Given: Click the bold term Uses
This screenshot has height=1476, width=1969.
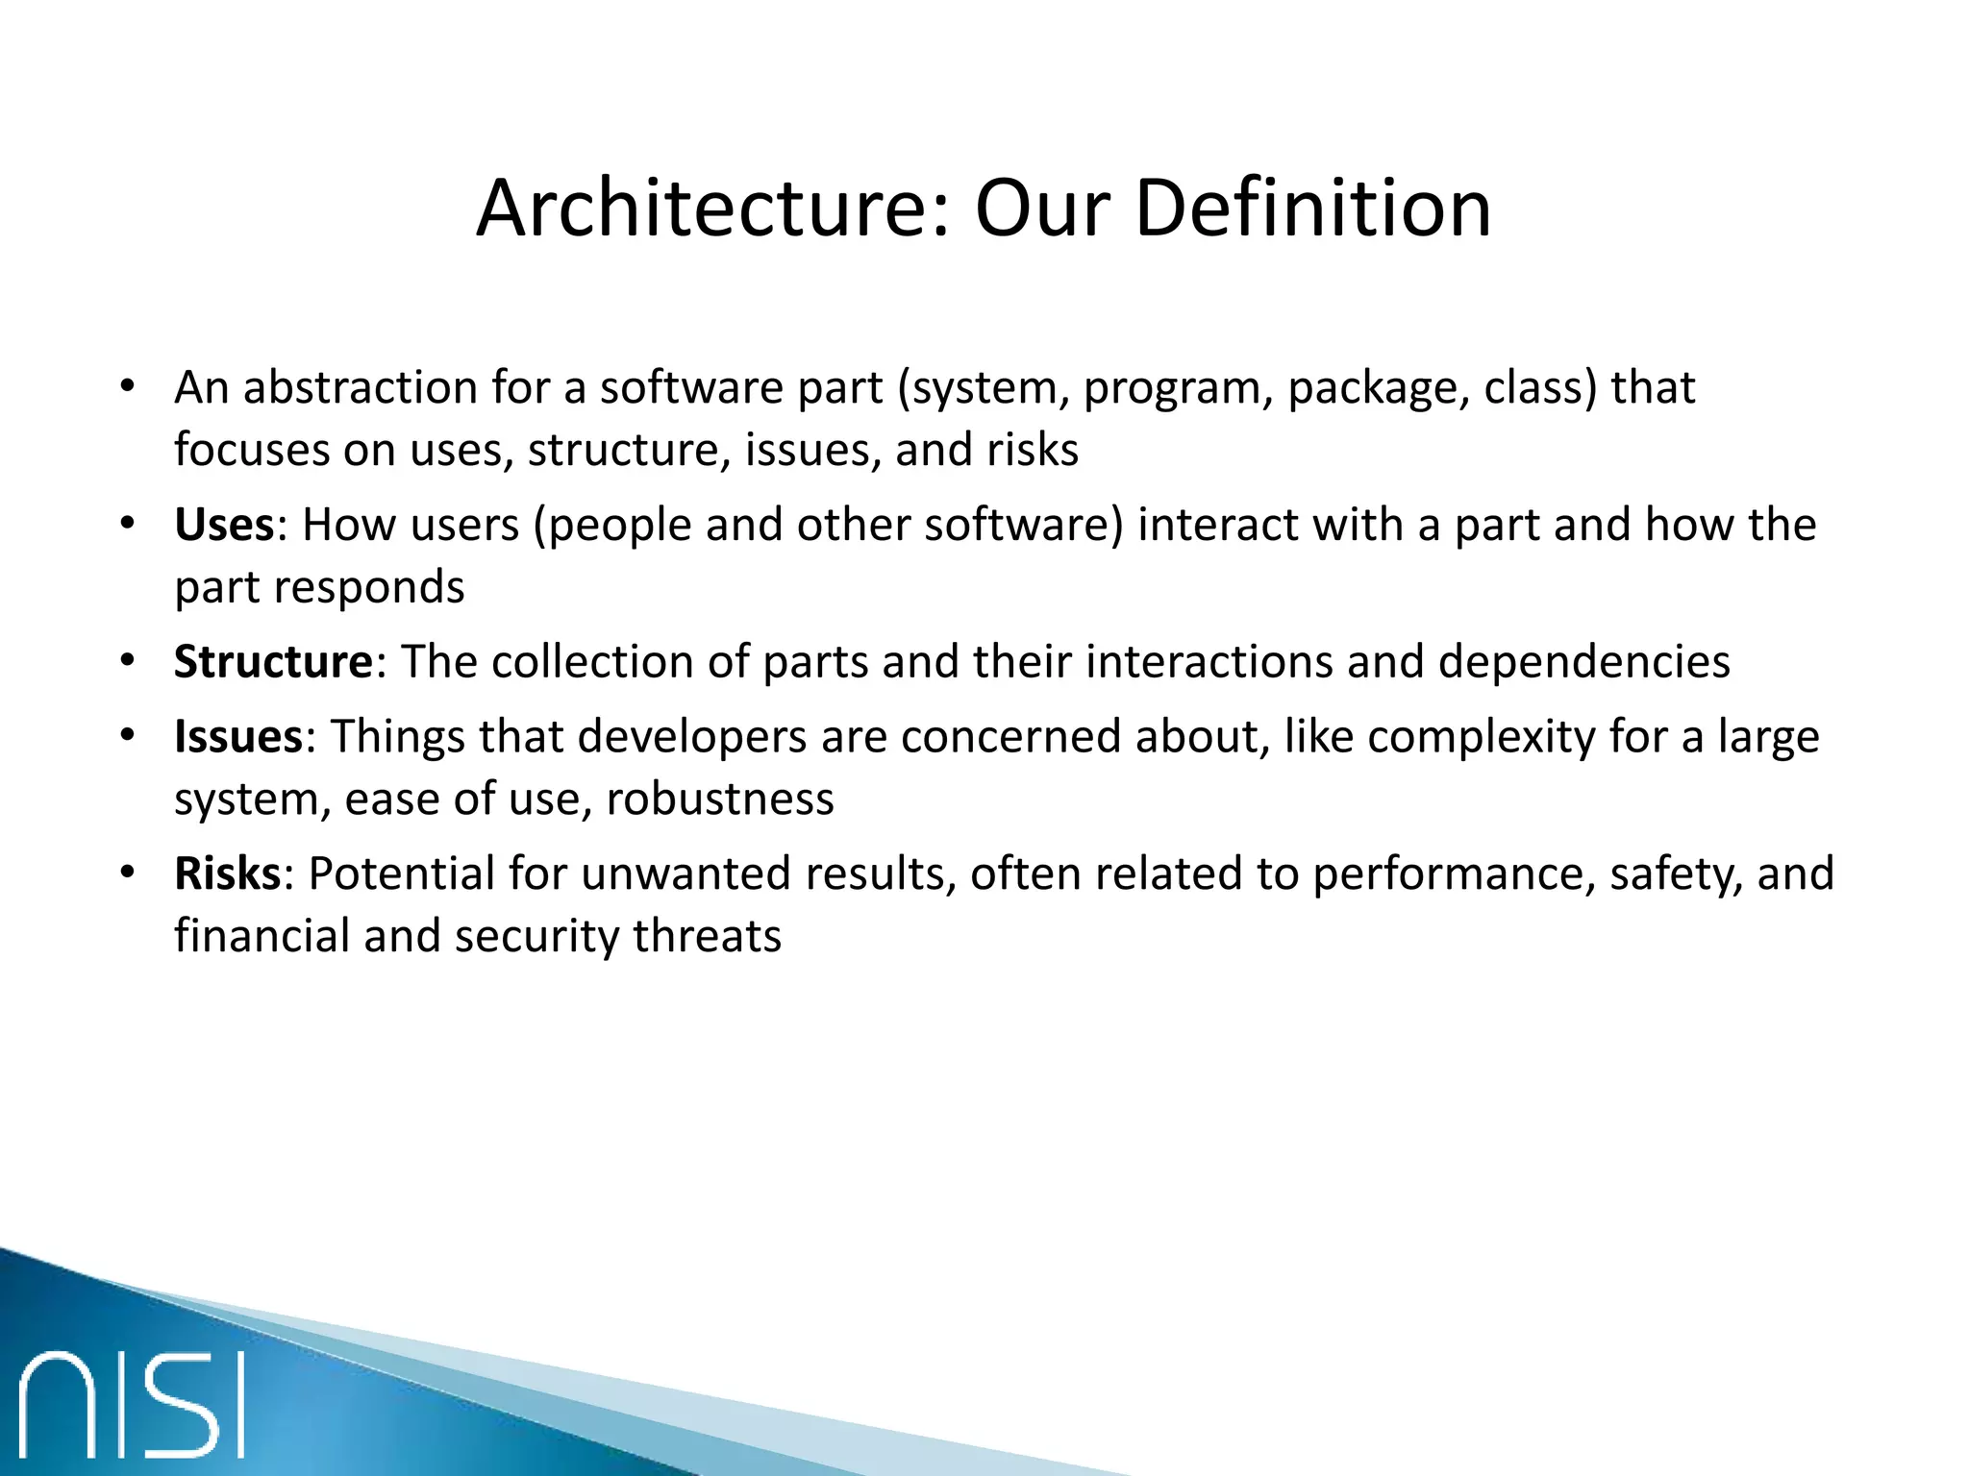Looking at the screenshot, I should pyautogui.click(x=224, y=526).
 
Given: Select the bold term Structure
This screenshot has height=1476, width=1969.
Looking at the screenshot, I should pyautogui.click(x=273, y=663).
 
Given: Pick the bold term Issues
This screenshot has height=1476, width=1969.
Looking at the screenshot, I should pyautogui.click(x=238, y=737).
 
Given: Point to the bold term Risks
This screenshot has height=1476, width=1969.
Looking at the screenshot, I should pyautogui.click(x=227, y=874).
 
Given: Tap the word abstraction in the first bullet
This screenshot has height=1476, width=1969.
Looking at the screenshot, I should pyautogui.click(x=361, y=388).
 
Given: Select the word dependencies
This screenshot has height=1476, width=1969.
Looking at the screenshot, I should pyautogui.click(x=1583, y=663).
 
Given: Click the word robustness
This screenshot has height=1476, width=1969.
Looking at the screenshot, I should pyautogui.click(x=720, y=799).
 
